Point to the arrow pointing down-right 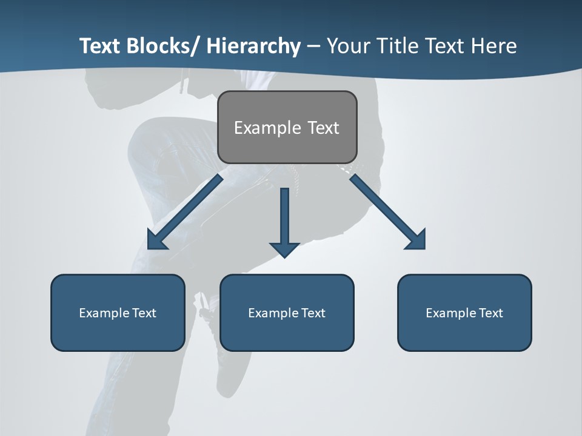coord(388,212)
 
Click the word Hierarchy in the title coord(253,46)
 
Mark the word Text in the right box coord(490,313)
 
